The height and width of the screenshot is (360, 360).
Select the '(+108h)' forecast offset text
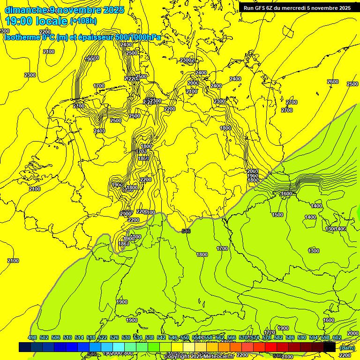click(83, 21)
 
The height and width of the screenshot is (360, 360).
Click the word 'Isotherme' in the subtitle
click(22, 37)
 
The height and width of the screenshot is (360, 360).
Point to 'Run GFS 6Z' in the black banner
click(261, 7)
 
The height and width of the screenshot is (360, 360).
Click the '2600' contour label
click(332, 82)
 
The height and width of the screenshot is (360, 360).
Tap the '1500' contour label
click(277, 215)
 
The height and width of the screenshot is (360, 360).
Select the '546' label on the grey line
click(186, 231)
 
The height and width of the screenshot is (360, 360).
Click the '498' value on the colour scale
click(32, 338)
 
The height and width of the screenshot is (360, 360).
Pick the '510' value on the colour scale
click(67, 338)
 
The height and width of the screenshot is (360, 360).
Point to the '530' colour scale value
click(126, 338)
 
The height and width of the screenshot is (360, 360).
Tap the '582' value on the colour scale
click(278, 338)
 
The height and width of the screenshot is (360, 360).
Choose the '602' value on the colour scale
click(337, 338)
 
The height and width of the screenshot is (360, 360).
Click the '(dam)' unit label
click(347, 347)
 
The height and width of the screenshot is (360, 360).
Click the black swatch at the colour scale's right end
click(330, 347)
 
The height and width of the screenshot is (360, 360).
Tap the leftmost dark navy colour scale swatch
click(25, 347)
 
